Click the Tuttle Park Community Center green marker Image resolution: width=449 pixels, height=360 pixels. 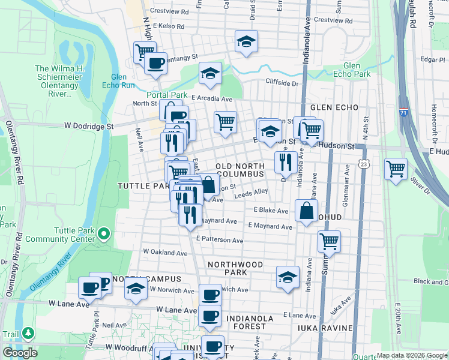tap(103, 233)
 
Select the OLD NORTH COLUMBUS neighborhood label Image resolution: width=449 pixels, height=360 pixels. tap(240, 169)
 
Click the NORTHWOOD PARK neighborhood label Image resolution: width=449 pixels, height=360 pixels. tap(235, 268)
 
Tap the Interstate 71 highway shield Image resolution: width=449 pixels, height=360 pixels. tap(406, 112)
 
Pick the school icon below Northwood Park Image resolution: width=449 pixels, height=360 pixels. tap(288, 277)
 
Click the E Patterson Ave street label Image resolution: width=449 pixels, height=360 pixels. tap(220, 241)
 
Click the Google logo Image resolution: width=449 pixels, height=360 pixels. tap(20, 353)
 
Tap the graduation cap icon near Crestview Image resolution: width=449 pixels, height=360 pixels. tap(246, 41)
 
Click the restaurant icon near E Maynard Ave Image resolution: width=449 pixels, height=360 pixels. tap(190, 214)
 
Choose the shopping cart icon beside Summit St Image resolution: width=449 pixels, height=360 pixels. tap(329, 241)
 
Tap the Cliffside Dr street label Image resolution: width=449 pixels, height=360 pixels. tap(282, 83)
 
